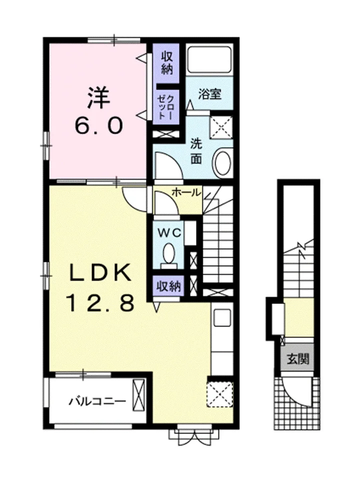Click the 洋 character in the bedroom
(98, 97)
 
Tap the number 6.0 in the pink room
(98, 126)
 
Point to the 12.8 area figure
(100, 302)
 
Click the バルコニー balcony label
(97, 401)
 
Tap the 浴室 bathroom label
(209, 94)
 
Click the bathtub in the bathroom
(209, 59)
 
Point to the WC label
(169, 233)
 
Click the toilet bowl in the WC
(168, 253)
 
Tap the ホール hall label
(186, 192)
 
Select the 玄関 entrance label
(298, 358)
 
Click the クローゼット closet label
(165, 107)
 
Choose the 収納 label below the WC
(169, 287)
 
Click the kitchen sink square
(222, 317)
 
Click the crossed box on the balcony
(138, 394)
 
